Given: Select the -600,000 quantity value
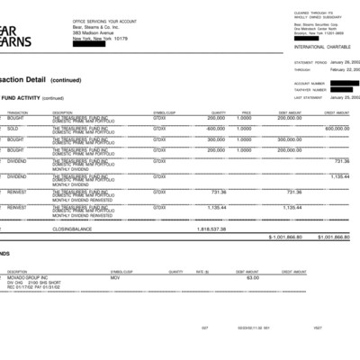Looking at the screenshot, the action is tap(215, 128).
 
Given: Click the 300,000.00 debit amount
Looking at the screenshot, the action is tap(289, 139).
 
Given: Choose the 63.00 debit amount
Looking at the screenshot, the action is tap(253, 277).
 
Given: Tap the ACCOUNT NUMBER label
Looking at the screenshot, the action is tap(308, 83).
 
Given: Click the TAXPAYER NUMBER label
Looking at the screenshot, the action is tap(308, 90).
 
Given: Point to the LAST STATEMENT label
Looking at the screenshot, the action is tap(308, 97).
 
